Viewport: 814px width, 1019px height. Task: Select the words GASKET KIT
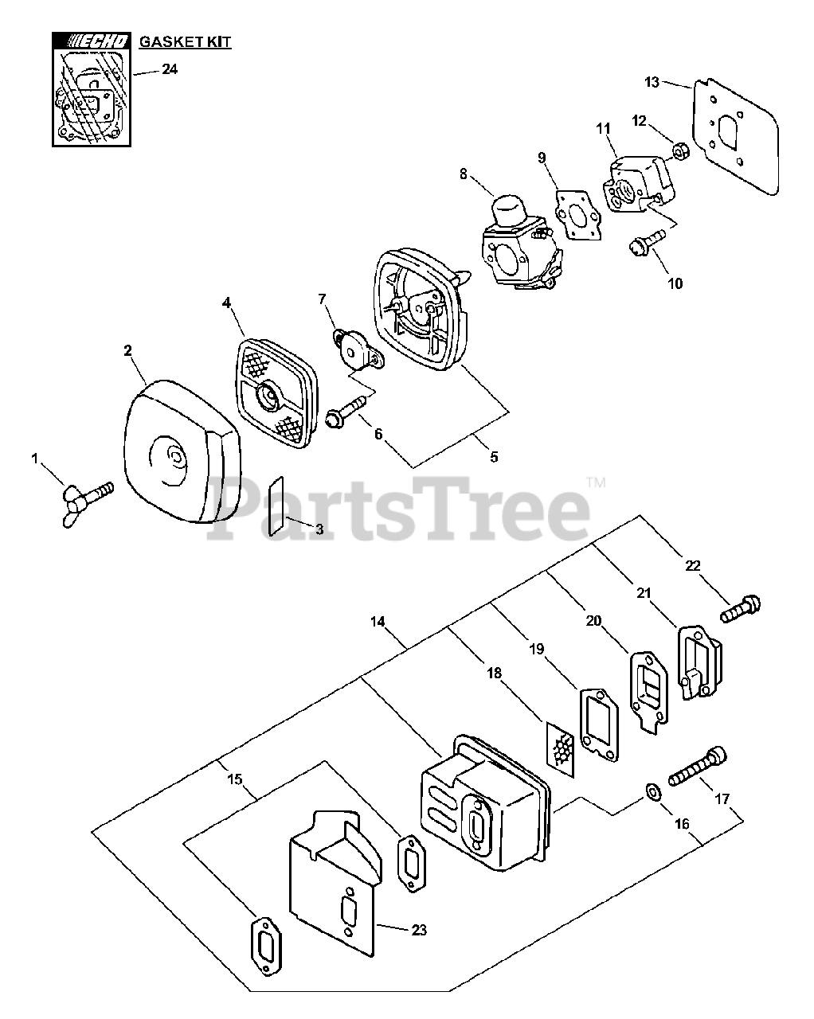click(x=185, y=42)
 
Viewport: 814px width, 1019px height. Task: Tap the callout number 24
click(x=169, y=69)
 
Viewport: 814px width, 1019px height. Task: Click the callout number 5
click(x=494, y=457)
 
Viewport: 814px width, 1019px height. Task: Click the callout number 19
click(x=536, y=649)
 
